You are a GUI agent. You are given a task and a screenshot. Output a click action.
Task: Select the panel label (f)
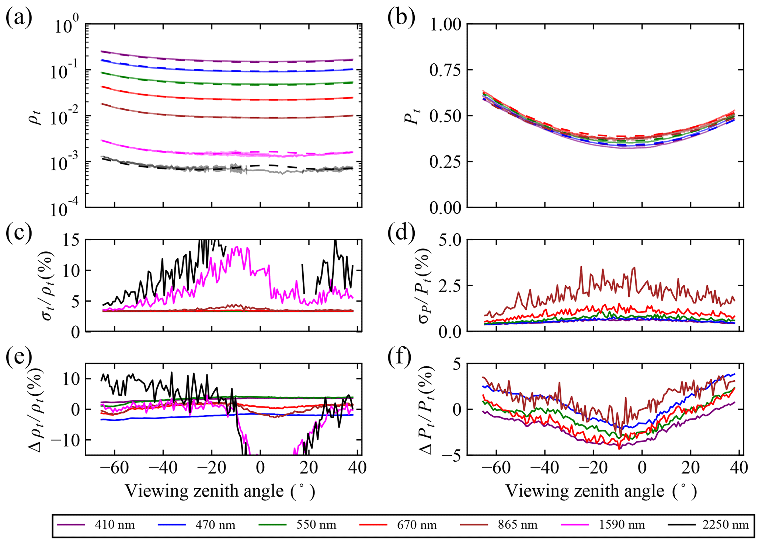(400, 358)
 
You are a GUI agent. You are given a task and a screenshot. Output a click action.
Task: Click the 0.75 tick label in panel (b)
(445, 70)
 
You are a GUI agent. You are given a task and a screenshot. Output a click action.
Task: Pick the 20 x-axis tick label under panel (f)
(690, 468)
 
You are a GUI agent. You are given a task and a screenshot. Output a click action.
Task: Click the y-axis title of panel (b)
(413, 116)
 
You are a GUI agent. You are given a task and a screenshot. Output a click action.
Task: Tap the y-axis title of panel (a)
(37, 116)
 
